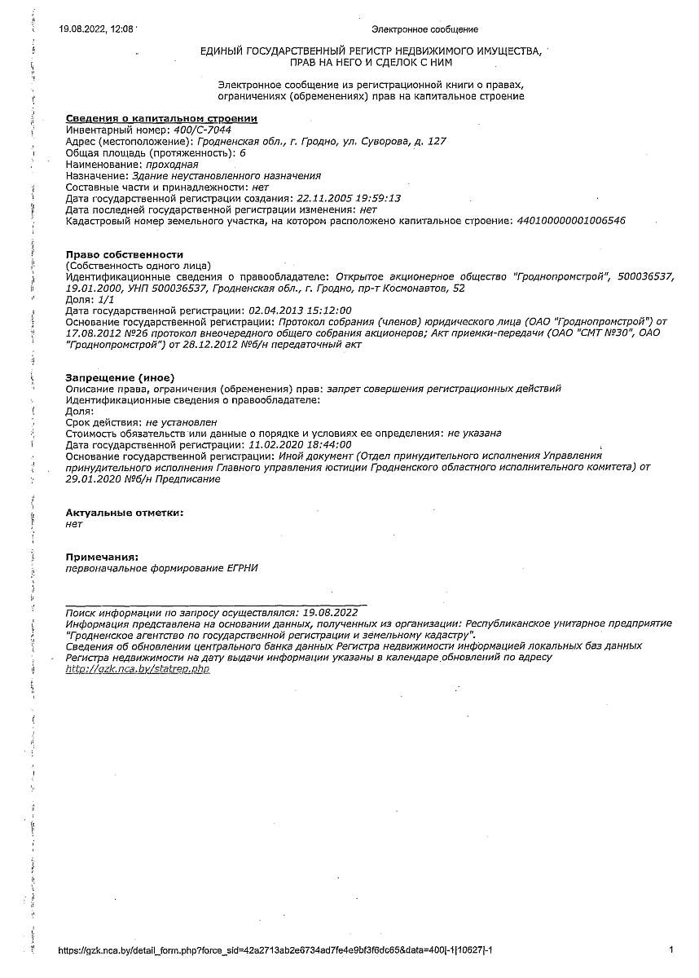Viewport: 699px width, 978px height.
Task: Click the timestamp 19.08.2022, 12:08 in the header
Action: pyautogui.click(x=96, y=29)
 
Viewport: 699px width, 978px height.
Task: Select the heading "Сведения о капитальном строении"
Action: pyautogui.click(x=161, y=118)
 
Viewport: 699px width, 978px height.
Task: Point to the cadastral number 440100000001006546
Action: pyautogui.click(x=571, y=221)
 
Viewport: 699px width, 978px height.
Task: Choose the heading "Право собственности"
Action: pyautogui.click(x=125, y=254)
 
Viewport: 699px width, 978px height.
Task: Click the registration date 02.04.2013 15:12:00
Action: pyautogui.click(x=300, y=311)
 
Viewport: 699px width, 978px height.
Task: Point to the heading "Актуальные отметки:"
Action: pyautogui.click(x=125, y=513)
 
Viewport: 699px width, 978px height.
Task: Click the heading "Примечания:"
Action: pyautogui.click(x=102, y=557)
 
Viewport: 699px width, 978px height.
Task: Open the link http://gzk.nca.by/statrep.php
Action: pyautogui.click(x=138, y=668)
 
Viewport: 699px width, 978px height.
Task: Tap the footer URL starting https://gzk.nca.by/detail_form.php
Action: pyautogui.click(x=276, y=950)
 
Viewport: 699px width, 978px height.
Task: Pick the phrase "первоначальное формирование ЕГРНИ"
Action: pyautogui.click(x=161, y=568)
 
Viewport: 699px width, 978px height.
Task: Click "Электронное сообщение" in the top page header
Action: pyautogui.click(x=424, y=30)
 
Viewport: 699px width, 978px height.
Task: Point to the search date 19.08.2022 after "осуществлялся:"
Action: pyautogui.click(x=330, y=611)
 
